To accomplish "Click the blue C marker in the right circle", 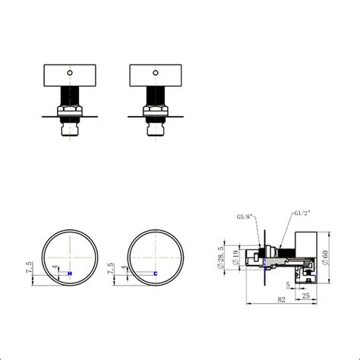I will [156, 273].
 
